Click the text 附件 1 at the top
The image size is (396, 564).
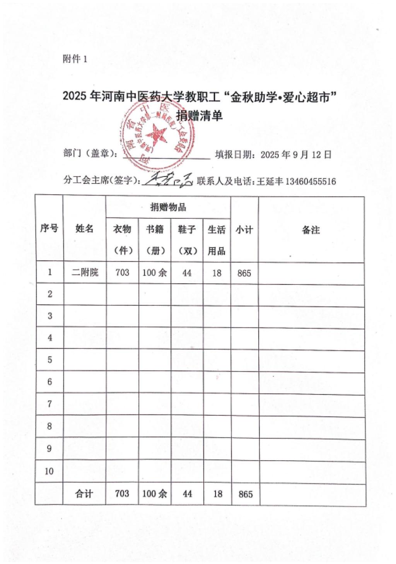(x=75, y=59)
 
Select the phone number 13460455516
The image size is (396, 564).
(x=310, y=181)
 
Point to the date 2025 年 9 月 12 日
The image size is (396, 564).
(x=296, y=155)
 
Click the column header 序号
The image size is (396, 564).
(x=49, y=228)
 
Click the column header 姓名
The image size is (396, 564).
(x=84, y=228)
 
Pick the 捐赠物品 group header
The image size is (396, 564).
(x=168, y=207)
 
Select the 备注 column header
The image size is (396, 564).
(x=311, y=230)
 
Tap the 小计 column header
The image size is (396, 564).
(x=244, y=230)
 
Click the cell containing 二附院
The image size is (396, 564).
(x=85, y=273)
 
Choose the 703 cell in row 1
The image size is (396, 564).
(x=122, y=273)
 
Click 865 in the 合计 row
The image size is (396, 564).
(x=246, y=494)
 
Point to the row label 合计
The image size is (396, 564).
(x=84, y=494)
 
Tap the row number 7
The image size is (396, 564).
(x=49, y=404)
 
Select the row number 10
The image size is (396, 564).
(x=49, y=471)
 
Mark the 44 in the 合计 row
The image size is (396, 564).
(x=187, y=494)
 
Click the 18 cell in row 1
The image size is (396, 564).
(x=217, y=273)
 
